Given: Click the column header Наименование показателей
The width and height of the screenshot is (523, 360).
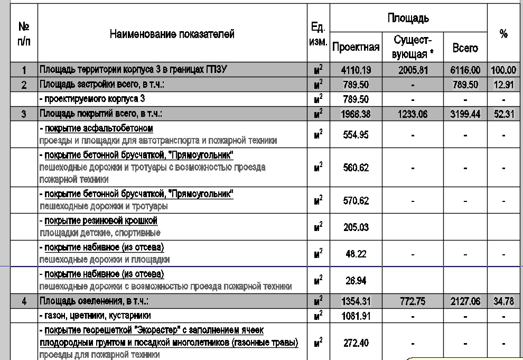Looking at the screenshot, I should click(x=172, y=34).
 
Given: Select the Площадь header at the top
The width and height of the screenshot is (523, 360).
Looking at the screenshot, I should click(x=408, y=19).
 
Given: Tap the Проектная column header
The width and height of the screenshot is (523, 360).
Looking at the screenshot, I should click(x=356, y=48).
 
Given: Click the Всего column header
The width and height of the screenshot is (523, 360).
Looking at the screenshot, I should click(x=465, y=48).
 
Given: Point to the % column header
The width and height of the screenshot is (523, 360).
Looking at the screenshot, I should click(x=503, y=34).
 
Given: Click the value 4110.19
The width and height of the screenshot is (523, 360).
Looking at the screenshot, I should click(x=356, y=70).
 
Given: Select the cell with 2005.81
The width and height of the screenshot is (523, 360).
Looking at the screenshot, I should click(x=413, y=70).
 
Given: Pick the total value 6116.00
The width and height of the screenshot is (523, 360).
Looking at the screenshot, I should click(x=465, y=70).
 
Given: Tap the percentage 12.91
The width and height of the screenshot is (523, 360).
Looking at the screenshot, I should click(x=503, y=85).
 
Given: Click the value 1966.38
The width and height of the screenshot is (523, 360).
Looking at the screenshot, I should click(x=356, y=114).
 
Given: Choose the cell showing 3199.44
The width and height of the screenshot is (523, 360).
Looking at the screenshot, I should click(x=465, y=114).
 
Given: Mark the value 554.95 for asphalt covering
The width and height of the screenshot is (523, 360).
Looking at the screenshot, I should click(x=356, y=135).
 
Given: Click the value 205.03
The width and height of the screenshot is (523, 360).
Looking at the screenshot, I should click(x=356, y=227).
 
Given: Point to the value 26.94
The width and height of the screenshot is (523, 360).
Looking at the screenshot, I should click(x=356, y=280).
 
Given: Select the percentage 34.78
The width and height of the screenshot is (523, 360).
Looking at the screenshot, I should click(x=503, y=302).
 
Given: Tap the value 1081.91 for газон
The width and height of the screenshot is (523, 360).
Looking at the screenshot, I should click(x=356, y=316).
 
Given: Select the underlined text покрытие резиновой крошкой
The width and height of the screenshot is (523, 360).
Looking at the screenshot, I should click(x=101, y=220).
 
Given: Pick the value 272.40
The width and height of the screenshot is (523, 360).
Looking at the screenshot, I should click(x=356, y=343).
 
